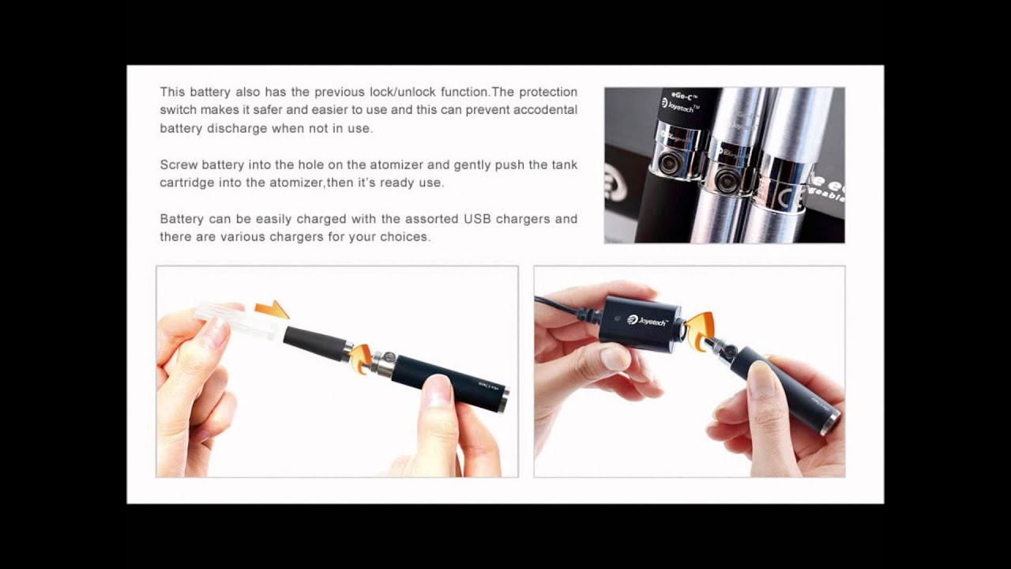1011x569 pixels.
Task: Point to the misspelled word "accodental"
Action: (x=546, y=110)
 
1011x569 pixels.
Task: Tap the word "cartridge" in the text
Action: (x=186, y=183)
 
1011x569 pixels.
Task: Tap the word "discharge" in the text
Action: (x=237, y=128)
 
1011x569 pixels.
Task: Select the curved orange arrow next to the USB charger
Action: (x=699, y=331)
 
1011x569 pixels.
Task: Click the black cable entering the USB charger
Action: (x=565, y=308)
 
